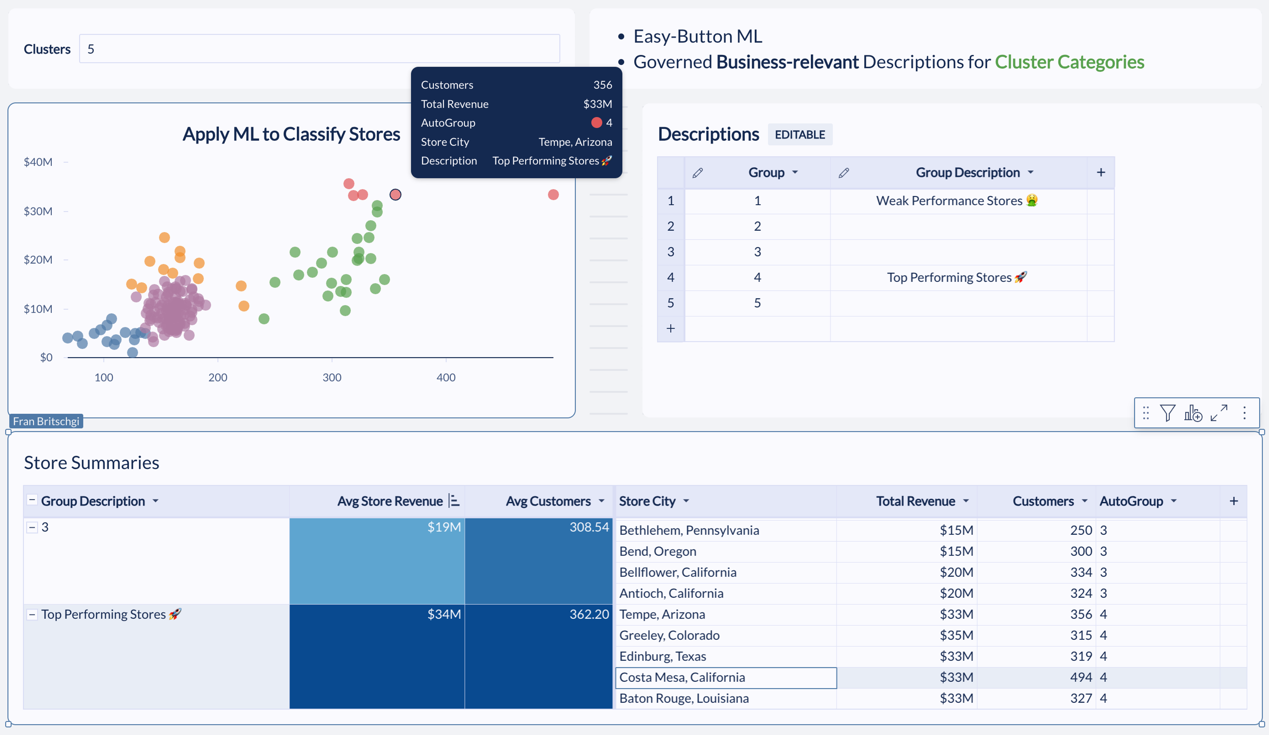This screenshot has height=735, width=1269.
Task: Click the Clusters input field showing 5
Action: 319,49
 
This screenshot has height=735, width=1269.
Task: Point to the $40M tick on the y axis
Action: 38,162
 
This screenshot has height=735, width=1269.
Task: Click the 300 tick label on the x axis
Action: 332,377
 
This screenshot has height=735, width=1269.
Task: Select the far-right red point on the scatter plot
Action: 553,194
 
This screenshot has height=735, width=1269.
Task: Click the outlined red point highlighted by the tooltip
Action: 395,194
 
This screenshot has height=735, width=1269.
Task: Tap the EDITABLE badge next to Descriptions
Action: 800,135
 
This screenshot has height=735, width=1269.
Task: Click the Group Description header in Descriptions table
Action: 967,173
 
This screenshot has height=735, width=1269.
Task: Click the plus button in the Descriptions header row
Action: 1101,173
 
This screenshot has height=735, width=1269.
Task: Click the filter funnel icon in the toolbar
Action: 1167,413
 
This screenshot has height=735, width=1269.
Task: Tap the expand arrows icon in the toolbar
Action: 1219,413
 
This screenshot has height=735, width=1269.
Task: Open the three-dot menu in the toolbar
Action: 1244,413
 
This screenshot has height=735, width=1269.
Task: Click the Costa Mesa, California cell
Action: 726,677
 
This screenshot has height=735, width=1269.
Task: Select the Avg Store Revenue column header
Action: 390,501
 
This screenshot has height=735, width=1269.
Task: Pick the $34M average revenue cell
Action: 377,656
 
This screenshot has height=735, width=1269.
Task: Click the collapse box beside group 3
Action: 32,527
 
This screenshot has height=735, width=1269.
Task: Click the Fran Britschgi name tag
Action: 46,421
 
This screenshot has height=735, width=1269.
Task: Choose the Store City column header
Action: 647,501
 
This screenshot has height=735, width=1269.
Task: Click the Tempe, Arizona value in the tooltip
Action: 575,142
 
